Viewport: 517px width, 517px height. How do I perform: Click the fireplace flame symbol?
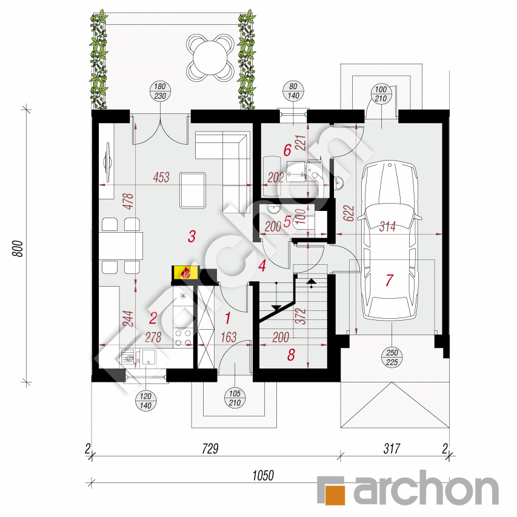185,273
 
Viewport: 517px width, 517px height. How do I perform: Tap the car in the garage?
389,241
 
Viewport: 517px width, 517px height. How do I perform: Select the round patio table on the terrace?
210,58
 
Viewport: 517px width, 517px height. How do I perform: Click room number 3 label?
192,236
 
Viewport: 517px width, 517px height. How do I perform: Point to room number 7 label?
389,280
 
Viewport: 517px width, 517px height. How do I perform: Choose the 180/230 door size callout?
160,92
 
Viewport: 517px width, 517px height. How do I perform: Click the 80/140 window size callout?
293,92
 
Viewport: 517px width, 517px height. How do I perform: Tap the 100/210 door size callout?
381,94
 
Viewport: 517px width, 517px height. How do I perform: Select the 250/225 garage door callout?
392,358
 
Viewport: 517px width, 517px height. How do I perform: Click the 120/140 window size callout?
145,401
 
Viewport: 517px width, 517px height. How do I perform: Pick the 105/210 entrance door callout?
235,398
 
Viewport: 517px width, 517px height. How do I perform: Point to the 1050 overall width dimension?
263,476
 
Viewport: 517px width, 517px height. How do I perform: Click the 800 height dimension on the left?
18,248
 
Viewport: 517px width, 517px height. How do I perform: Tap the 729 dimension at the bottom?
210,449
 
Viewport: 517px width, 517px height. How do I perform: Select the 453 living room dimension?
161,178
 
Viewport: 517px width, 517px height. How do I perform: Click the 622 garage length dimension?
349,213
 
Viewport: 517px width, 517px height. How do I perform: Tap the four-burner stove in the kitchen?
183,338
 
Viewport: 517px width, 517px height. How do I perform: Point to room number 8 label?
291,355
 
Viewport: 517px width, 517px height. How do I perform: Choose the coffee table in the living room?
193,190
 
